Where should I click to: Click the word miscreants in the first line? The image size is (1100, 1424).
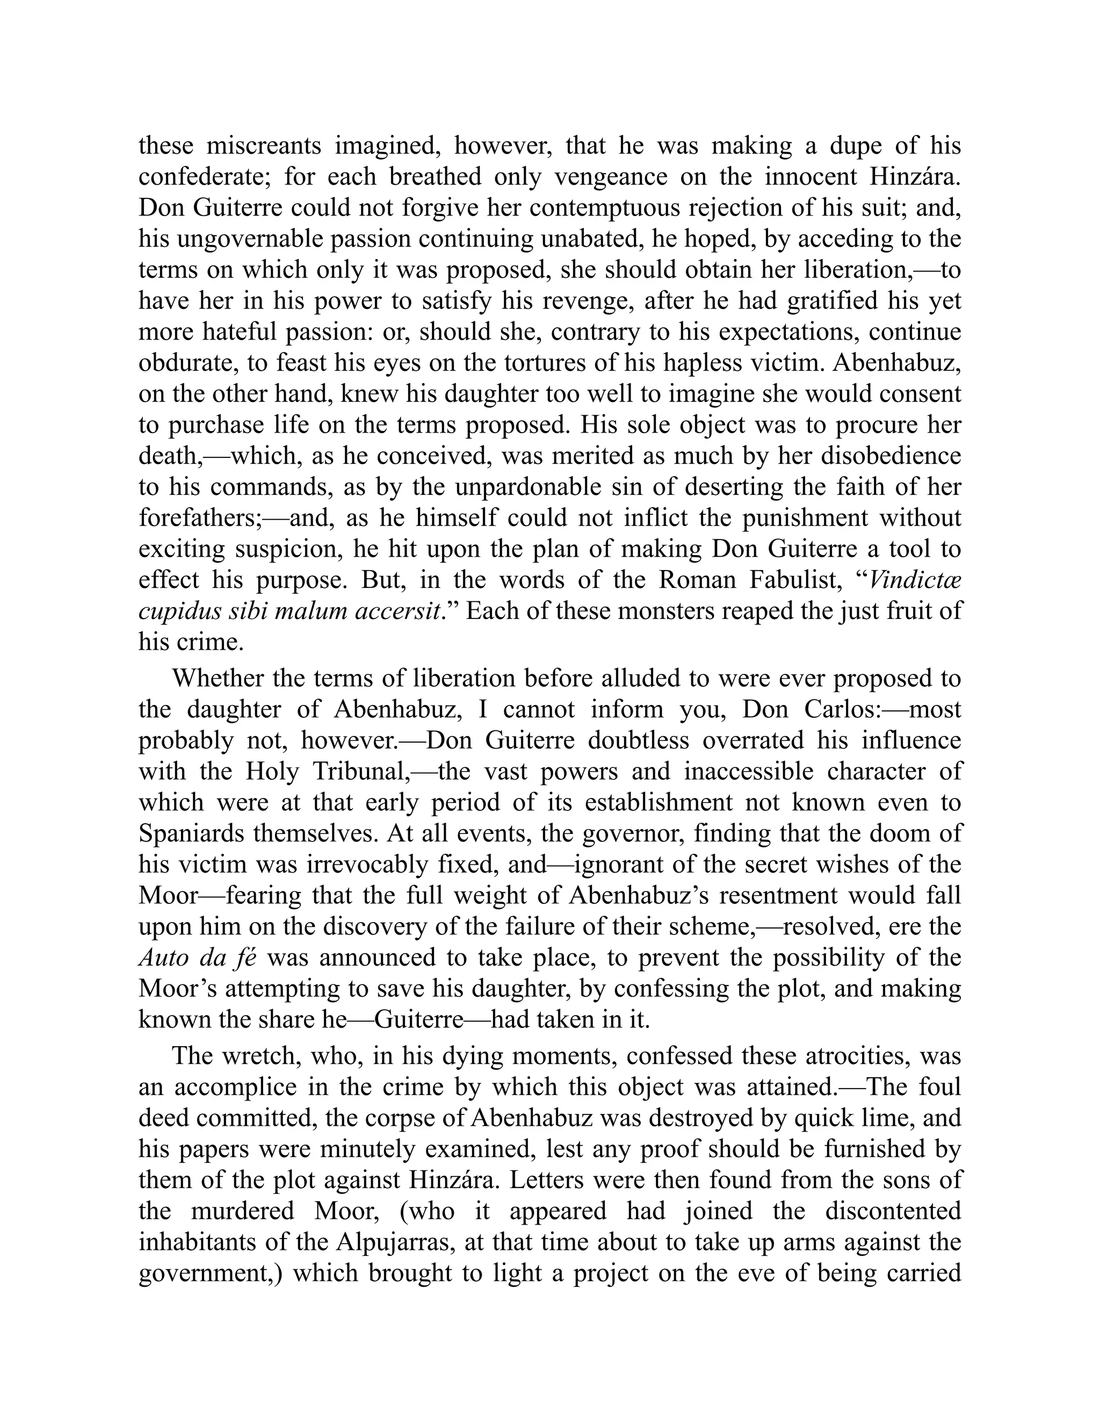coord(264,146)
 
